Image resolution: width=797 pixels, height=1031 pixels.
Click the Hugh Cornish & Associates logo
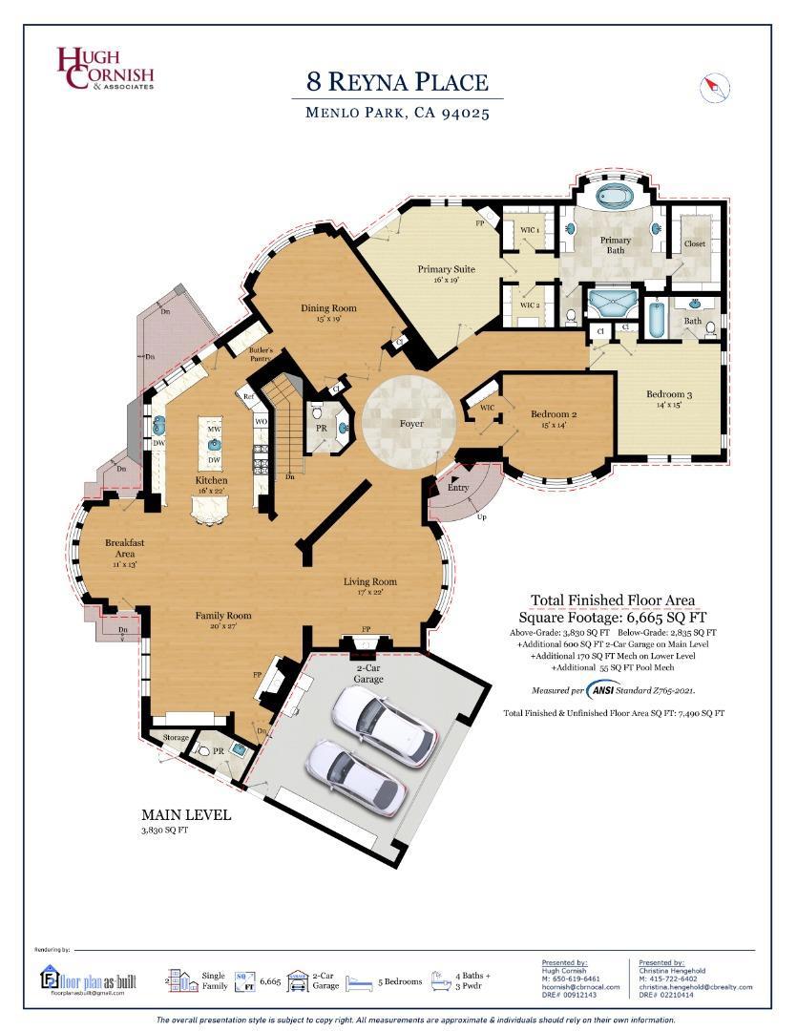click(104, 69)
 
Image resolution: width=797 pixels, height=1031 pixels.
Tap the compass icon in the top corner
click(715, 88)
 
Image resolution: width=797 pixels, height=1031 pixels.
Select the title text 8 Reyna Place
click(398, 82)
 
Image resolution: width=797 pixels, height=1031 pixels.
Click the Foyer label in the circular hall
click(411, 423)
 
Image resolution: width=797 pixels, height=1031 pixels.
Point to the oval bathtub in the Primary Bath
click(615, 199)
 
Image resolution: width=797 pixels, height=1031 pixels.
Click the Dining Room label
click(328, 308)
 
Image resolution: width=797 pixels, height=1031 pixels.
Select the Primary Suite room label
click(446, 269)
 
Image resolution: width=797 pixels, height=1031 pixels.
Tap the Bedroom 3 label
click(669, 394)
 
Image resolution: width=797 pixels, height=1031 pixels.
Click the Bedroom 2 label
click(555, 413)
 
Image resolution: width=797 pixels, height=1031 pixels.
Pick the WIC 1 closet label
click(530, 231)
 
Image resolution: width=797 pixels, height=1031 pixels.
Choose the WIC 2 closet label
click(530, 305)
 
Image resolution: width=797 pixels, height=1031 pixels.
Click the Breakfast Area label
click(125, 547)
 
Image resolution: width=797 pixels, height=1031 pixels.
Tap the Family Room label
click(223, 616)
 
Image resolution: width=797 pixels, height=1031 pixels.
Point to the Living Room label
click(370, 581)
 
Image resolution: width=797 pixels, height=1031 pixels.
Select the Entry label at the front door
click(458, 487)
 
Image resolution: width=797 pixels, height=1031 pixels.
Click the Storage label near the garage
click(176, 737)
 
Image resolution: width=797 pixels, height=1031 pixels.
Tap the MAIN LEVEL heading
click(186, 815)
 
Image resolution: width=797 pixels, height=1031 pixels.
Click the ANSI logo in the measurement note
click(603, 689)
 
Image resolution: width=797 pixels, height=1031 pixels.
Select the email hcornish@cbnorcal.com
click(580, 986)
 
